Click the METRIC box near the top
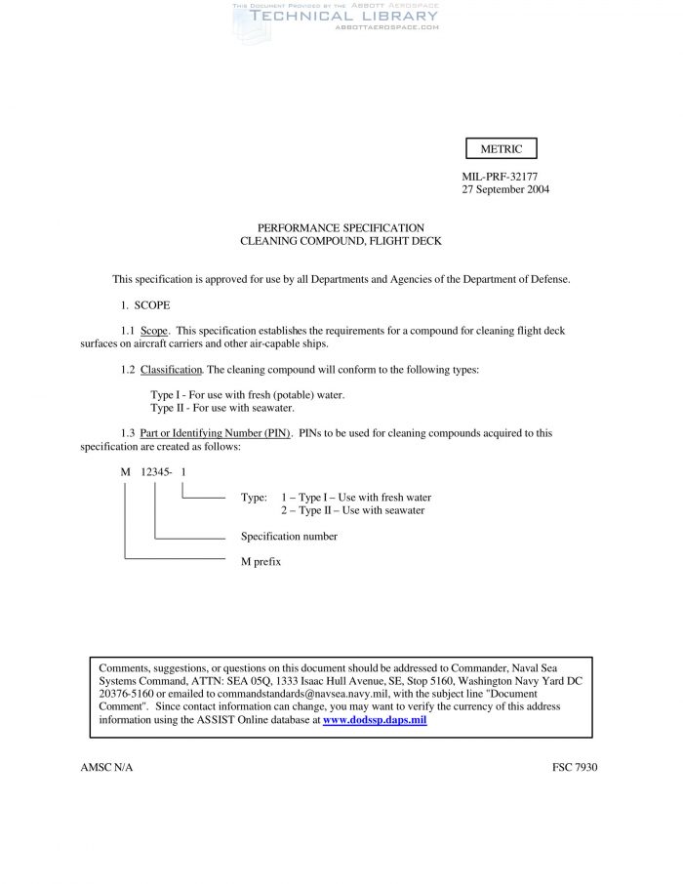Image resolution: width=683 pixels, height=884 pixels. click(x=502, y=149)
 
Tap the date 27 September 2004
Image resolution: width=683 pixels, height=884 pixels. click(x=505, y=189)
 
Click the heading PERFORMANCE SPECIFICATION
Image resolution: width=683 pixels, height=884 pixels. click(x=341, y=227)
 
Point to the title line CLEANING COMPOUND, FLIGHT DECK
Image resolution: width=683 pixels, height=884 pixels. click(x=341, y=240)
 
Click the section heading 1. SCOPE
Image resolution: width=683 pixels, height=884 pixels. click(x=146, y=305)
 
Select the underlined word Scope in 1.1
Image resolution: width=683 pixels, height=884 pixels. click(x=154, y=331)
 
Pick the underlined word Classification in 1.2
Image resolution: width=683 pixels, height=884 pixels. click(x=171, y=370)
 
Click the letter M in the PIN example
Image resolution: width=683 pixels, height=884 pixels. click(x=125, y=472)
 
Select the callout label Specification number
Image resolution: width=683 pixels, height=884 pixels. click(x=289, y=537)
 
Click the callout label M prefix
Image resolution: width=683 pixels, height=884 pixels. click(x=261, y=562)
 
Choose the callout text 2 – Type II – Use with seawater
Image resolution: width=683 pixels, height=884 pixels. click(x=352, y=510)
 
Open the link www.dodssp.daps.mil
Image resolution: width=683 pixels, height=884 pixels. click(x=375, y=720)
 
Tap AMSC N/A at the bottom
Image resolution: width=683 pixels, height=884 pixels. click(x=106, y=768)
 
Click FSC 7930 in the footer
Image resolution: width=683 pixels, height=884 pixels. click(x=574, y=768)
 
